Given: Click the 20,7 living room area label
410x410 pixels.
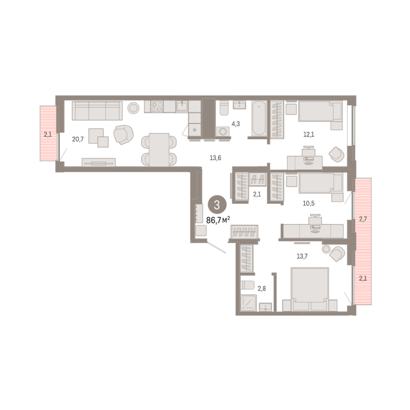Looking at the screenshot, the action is [x=78, y=139].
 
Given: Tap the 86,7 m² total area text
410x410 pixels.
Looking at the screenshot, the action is [x=218, y=220].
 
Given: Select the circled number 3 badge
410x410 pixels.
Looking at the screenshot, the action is [x=217, y=205].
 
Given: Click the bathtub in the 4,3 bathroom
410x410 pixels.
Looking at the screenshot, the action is [x=259, y=119].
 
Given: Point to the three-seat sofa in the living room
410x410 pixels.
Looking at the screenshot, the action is [x=97, y=111].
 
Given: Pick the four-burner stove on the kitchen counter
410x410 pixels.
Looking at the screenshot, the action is [x=157, y=107].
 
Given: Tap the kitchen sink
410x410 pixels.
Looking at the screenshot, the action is [x=182, y=106].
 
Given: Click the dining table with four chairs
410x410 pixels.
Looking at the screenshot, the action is [x=159, y=149].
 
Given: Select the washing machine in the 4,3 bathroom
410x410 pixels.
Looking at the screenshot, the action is [x=223, y=131].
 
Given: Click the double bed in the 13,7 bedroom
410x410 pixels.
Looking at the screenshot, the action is [x=310, y=289].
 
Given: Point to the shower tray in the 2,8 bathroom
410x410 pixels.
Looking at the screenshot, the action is [x=248, y=303].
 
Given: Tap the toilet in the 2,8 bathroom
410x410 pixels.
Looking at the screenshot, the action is [x=247, y=285].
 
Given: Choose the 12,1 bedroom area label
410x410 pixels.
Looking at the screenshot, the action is [x=309, y=135].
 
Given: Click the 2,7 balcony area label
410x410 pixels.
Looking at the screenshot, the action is [x=363, y=219].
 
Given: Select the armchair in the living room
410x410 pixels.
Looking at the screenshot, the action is [x=124, y=135].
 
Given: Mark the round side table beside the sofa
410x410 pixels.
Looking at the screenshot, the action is [x=133, y=108].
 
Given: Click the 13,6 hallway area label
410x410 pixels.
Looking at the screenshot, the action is [x=216, y=158].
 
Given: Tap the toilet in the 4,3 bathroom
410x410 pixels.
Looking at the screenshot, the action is [x=224, y=108].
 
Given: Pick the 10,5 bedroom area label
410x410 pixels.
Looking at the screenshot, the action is [x=309, y=203].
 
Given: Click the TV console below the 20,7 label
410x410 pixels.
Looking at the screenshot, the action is [x=99, y=162].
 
